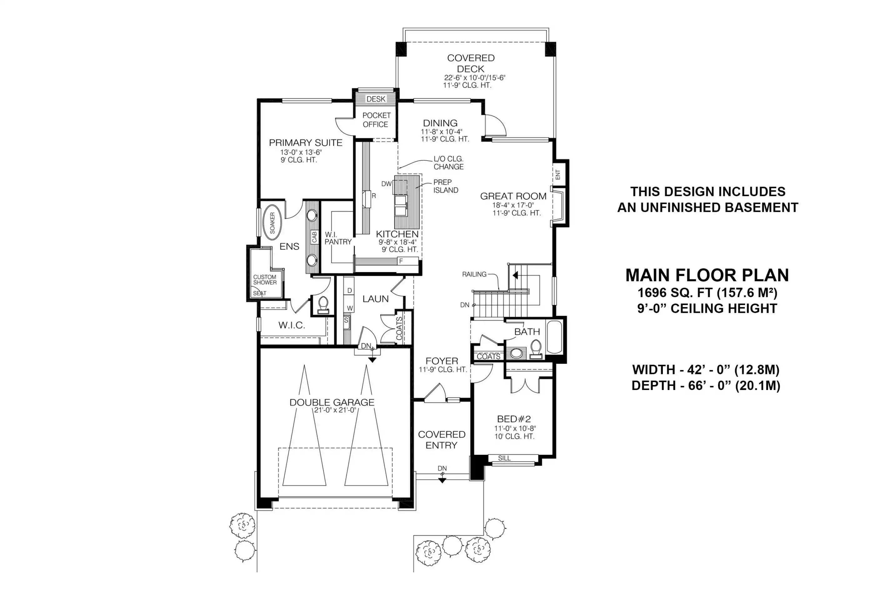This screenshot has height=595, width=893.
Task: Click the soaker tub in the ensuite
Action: point(272,223)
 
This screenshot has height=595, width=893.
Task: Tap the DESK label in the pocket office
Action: point(376,99)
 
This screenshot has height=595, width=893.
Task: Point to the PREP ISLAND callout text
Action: point(446,186)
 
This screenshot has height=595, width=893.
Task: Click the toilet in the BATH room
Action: point(536,349)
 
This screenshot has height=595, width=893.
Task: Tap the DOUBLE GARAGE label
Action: point(332,402)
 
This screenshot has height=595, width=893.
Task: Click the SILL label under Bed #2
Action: point(504,458)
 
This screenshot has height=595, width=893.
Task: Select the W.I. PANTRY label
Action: point(338,238)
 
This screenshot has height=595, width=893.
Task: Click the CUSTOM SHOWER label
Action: point(265,280)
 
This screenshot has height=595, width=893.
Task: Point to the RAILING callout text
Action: point(474,274)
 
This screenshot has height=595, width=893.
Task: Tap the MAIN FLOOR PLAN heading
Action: point(707,275)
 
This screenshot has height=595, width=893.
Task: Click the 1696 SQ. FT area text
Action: point(707,292)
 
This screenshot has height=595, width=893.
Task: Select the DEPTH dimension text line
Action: point(706,386)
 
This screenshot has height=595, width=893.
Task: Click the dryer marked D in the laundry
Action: point(349,291)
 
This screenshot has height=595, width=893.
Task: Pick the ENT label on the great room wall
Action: point(558,175)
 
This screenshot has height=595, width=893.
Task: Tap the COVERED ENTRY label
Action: point(441,439)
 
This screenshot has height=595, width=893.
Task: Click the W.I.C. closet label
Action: point(292,325)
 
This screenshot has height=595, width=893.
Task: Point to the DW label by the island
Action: point(386,184)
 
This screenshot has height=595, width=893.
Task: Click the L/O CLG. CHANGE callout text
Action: point(449,163)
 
